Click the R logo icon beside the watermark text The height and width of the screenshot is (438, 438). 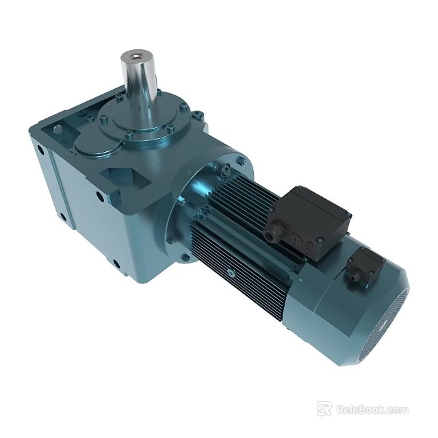(324, 409)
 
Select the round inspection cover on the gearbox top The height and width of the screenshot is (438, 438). (100, 146)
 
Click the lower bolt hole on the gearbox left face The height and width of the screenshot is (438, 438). (63, 218)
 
